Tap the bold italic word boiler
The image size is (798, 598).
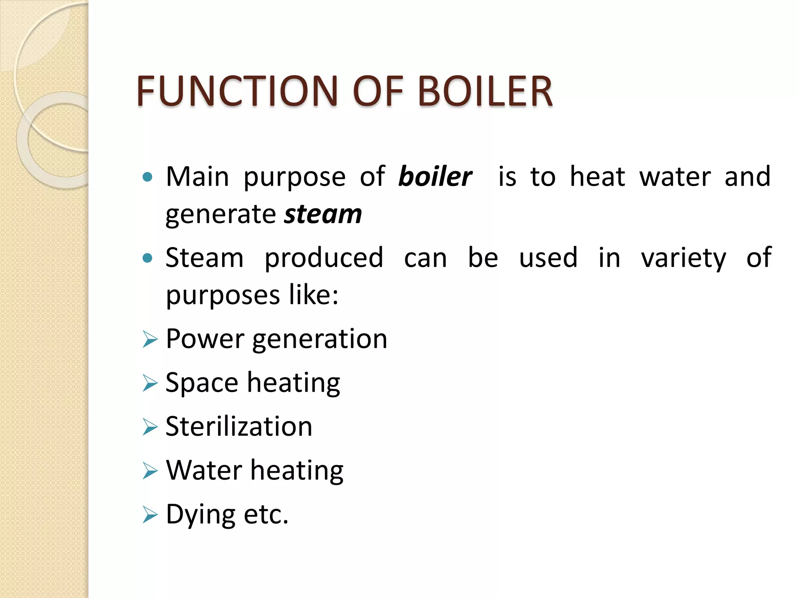(x=435, y=177)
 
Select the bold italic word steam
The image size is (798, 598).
(x=323, y=215)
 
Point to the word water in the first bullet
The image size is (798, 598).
(x=675, y=177)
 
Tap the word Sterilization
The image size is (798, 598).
(x=239, y=426)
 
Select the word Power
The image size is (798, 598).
(x=205, y=339)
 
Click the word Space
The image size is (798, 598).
(x=201, y=383)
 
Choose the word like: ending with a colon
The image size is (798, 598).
(x=314, y=295)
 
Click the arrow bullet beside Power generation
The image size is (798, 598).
(x=150, y=339)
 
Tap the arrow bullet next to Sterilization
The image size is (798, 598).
(x=150, y=427)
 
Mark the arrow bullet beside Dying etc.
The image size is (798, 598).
(x=150, y=515)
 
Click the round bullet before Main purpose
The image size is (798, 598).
(x=147, y=178)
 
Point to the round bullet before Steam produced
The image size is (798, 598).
(x=147, y=258)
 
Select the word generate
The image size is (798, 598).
(x=221, y=215)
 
